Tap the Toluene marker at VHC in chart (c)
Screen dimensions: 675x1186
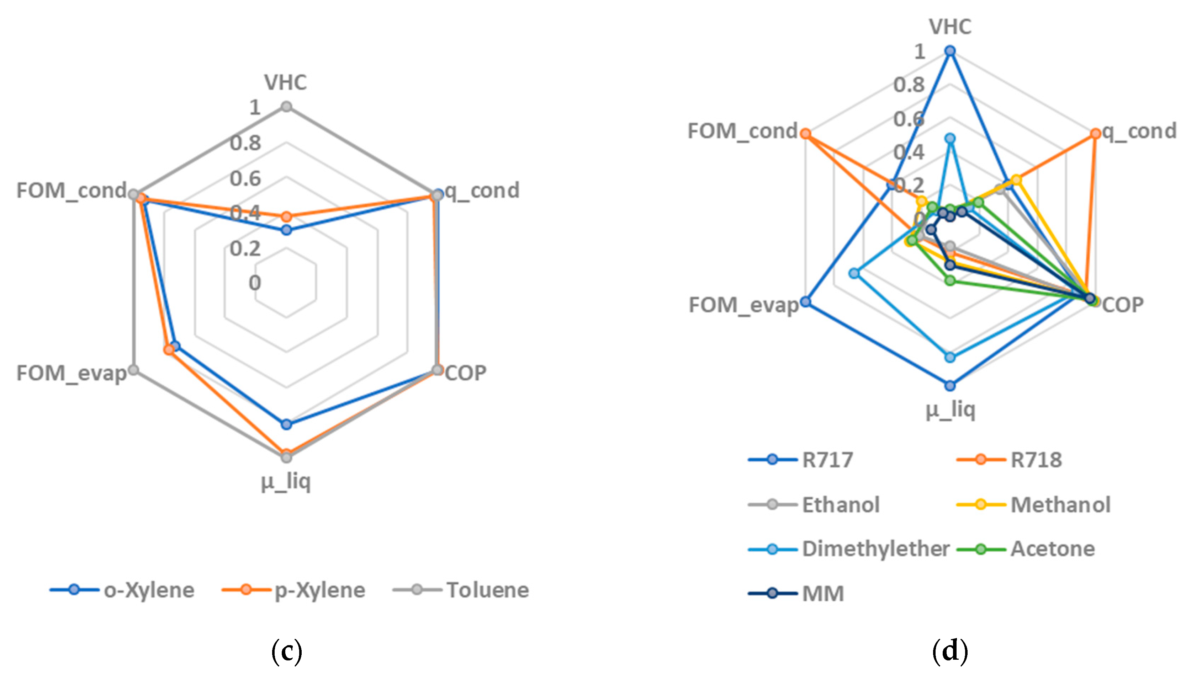[x=287, y=107]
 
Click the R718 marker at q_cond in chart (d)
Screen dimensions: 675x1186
[x=1095, y=134]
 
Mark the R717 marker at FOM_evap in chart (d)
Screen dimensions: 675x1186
[x=806, y=302]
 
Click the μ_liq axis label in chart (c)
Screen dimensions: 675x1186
[x=286, y=482]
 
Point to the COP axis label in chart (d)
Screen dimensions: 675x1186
[x=1122, y=305]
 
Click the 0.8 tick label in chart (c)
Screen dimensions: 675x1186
[x=245, y=143]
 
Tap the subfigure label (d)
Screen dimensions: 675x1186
[x=950, y=651]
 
